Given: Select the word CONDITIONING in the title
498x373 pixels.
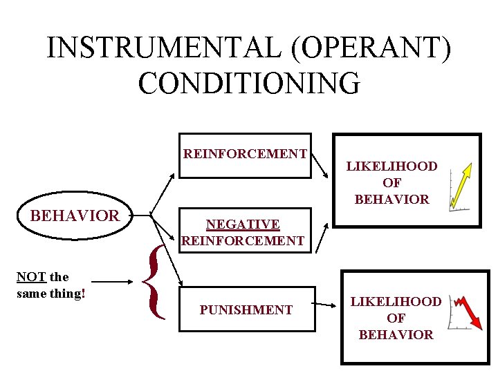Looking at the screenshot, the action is pos(249,82).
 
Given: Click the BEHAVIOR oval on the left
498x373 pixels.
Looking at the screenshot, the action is pos(75,216).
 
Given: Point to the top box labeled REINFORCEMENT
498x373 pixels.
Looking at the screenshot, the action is pos(245,154).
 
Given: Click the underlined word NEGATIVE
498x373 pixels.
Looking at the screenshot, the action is pos(243,224).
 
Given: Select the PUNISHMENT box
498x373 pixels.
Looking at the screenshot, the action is pos(246,310).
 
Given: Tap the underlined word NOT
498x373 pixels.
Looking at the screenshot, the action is pos(31,276).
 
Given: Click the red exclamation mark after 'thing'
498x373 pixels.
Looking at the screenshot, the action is pos(83,293).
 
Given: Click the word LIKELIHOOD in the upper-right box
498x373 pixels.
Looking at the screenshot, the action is pos(391,166).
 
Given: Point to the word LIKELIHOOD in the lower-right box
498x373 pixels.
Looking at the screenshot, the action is pos(396,302).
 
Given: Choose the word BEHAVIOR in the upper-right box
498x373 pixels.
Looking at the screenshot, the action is pos(391,200).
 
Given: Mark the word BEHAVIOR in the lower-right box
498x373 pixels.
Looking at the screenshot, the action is pos(396,335).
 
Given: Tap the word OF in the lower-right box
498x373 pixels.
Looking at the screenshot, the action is pos(396,318).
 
